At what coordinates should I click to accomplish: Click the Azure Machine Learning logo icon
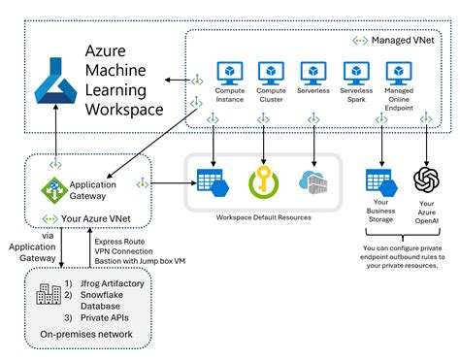point(50,84)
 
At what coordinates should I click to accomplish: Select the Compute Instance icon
point(230,73)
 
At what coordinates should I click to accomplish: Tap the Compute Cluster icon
point(272,73)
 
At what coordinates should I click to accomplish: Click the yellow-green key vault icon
point(263,181)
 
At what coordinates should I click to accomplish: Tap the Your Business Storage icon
point(378,181)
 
